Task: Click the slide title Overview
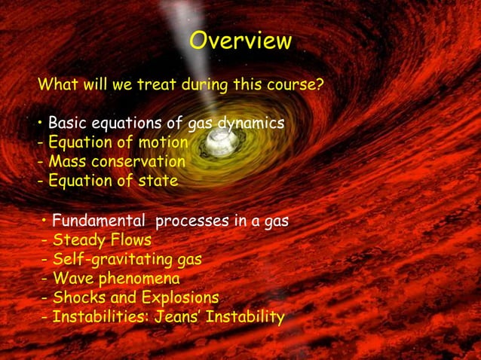240,41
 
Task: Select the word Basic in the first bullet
67,123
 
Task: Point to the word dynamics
250,123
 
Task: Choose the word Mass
66,162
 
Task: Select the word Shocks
79,299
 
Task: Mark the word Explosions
179,299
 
